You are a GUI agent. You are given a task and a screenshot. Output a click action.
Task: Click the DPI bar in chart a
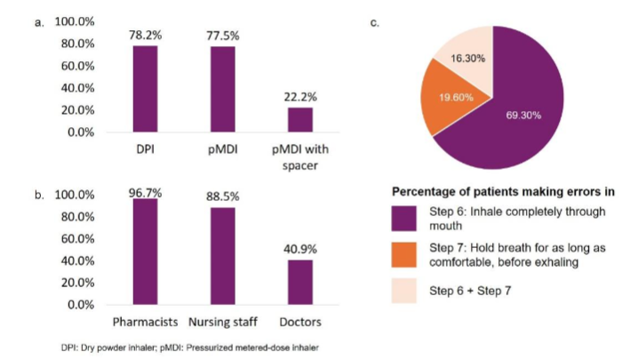(146, 89)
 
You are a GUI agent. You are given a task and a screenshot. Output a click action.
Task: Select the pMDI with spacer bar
(299, 120)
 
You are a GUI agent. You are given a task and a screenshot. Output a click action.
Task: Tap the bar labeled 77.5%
(222, 89)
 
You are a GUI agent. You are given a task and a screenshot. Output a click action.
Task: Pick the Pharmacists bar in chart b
(146, 252)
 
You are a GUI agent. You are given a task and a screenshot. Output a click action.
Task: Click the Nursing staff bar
(222, 256)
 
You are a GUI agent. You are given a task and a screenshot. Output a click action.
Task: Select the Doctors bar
(299, 282)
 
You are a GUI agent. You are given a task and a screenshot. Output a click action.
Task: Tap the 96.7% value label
(146, 190)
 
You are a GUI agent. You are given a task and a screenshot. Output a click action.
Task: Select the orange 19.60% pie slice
(455, 99)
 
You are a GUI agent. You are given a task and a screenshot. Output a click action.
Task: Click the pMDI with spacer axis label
(299, 155)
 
